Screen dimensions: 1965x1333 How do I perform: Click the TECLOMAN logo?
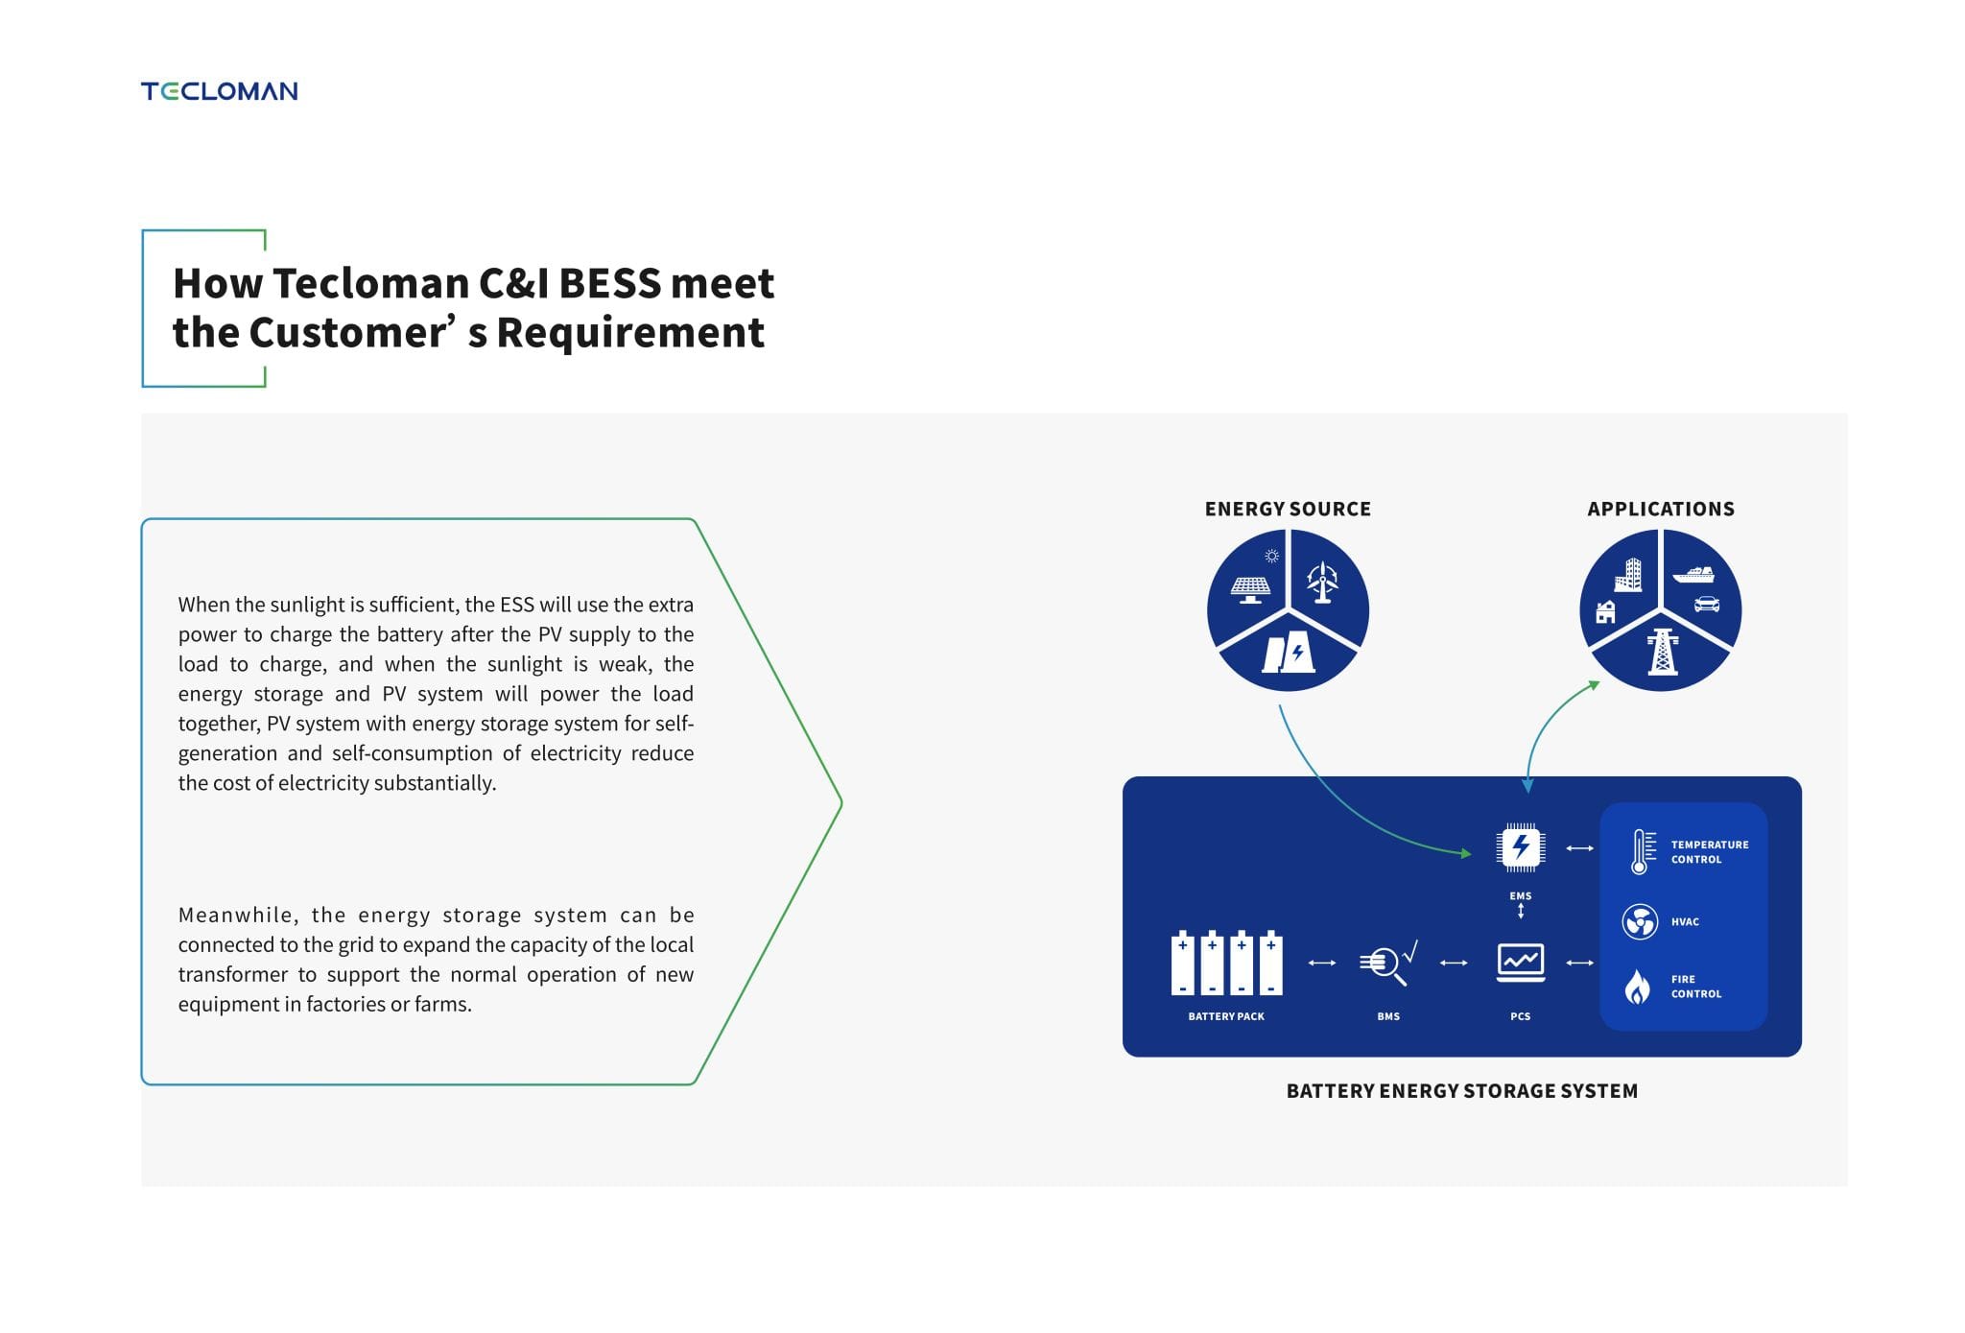tap(219, 91)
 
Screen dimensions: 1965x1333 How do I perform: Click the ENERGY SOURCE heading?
tap(1288, 509)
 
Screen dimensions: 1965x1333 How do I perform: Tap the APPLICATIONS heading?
tap(1661, 509)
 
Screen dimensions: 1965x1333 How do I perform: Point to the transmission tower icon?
tap(1663, 653)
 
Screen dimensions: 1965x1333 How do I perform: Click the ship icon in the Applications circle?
tap(1693, 574)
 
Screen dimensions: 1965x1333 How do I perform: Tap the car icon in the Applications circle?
tap(1707, 604)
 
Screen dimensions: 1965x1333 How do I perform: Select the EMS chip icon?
tap(1521, 847)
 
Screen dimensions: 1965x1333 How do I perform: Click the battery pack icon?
tap(1226, 962)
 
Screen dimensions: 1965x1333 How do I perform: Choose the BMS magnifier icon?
tap(1387, 963)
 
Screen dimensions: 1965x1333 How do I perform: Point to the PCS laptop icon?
tap(1521, 963)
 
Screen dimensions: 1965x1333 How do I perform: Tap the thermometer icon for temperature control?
tap(1643, 851)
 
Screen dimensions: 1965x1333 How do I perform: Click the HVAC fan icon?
tap(1640, 922)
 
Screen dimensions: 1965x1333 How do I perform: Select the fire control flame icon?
tap(1638, 986)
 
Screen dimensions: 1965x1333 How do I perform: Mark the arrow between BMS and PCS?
tap(1454, 963)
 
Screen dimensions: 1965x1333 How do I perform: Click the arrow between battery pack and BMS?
tap(1322, 963)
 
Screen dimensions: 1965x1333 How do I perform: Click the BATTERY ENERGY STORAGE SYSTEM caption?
tap(1462, 1091)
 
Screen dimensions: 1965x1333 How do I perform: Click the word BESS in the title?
tap(609, 283)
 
